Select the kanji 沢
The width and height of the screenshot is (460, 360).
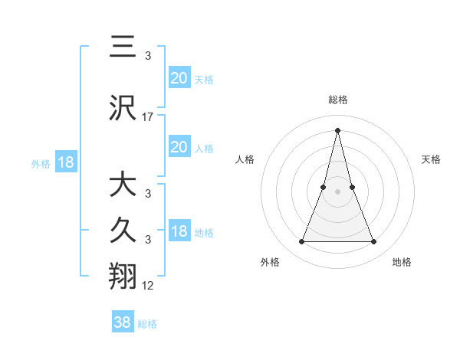123,109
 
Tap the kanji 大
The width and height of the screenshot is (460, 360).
123,185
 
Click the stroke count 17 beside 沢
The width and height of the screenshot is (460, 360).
148,117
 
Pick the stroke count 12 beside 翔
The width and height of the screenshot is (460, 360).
148,285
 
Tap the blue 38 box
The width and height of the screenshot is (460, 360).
123,322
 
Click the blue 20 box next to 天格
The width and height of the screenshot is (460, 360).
179,78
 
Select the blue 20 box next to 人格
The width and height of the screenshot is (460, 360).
179,147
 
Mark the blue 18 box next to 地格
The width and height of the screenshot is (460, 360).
179,232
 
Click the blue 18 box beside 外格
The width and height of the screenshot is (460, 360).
65,162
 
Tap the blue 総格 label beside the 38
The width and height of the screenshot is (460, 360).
147,324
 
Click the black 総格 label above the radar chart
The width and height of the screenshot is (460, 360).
337,100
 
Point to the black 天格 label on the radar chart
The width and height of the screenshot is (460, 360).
431,159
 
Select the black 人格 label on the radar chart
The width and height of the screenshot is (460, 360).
245,159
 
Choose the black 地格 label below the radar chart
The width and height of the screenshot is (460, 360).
402,262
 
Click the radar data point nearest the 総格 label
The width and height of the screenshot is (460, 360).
337,129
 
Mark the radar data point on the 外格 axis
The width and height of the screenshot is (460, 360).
301,242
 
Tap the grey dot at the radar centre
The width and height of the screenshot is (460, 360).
337,191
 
